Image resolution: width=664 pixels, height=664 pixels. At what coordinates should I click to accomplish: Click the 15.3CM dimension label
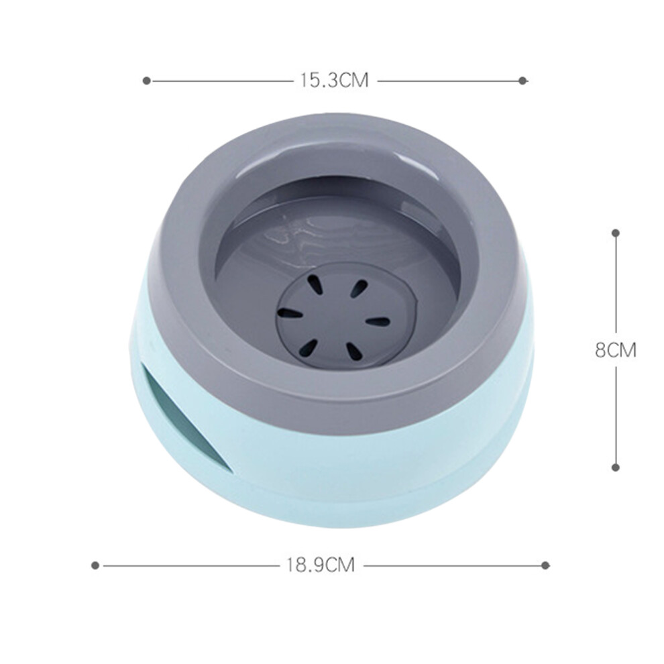tap(334, 80)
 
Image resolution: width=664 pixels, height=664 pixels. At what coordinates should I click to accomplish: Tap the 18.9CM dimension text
tap(320, 565)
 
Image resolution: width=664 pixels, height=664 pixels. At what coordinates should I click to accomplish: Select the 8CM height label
tap(616, 350)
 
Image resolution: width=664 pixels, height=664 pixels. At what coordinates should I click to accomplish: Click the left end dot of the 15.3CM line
tap(146, 80)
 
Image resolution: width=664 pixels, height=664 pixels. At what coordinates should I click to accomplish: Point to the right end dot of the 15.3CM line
tap(522, 80)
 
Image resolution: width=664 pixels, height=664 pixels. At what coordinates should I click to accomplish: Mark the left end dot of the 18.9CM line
tap(95, 565)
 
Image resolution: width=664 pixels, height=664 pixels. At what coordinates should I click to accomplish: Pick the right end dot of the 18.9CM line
tap(545, 565)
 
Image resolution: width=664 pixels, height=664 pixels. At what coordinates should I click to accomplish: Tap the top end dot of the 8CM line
tap(616, 233)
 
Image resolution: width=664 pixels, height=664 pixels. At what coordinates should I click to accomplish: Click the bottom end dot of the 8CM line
tap(616, 467)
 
